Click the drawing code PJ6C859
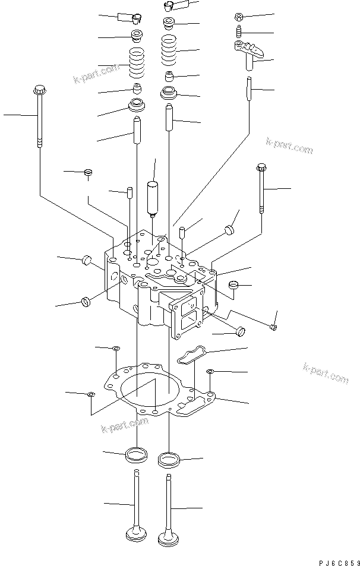click(x=337, y=560)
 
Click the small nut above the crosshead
click(x=238, y=16)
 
